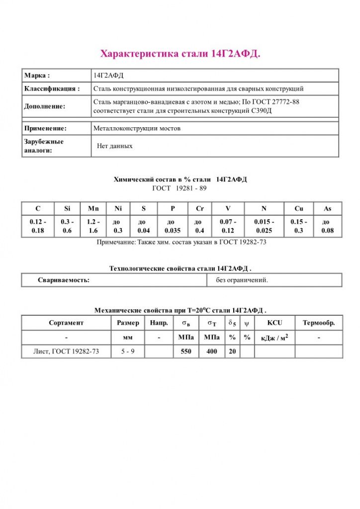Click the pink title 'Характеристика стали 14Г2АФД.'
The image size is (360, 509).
180,53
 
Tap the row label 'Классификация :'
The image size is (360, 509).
52,89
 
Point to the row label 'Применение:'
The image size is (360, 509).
45,128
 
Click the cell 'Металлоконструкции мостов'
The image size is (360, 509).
137,128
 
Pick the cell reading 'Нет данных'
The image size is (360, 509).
115,146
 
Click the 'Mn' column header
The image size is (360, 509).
93,209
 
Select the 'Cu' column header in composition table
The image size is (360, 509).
299,209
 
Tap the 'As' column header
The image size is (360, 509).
328,209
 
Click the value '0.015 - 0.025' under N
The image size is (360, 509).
263,226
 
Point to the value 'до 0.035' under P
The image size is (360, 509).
171,226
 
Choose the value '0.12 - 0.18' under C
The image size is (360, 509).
38,226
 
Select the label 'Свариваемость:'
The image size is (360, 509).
64,280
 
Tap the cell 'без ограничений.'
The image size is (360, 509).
242,280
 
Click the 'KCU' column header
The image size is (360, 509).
274,323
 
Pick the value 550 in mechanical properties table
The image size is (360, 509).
185,351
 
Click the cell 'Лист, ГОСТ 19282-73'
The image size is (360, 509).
66,351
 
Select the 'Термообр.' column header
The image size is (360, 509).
319,323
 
